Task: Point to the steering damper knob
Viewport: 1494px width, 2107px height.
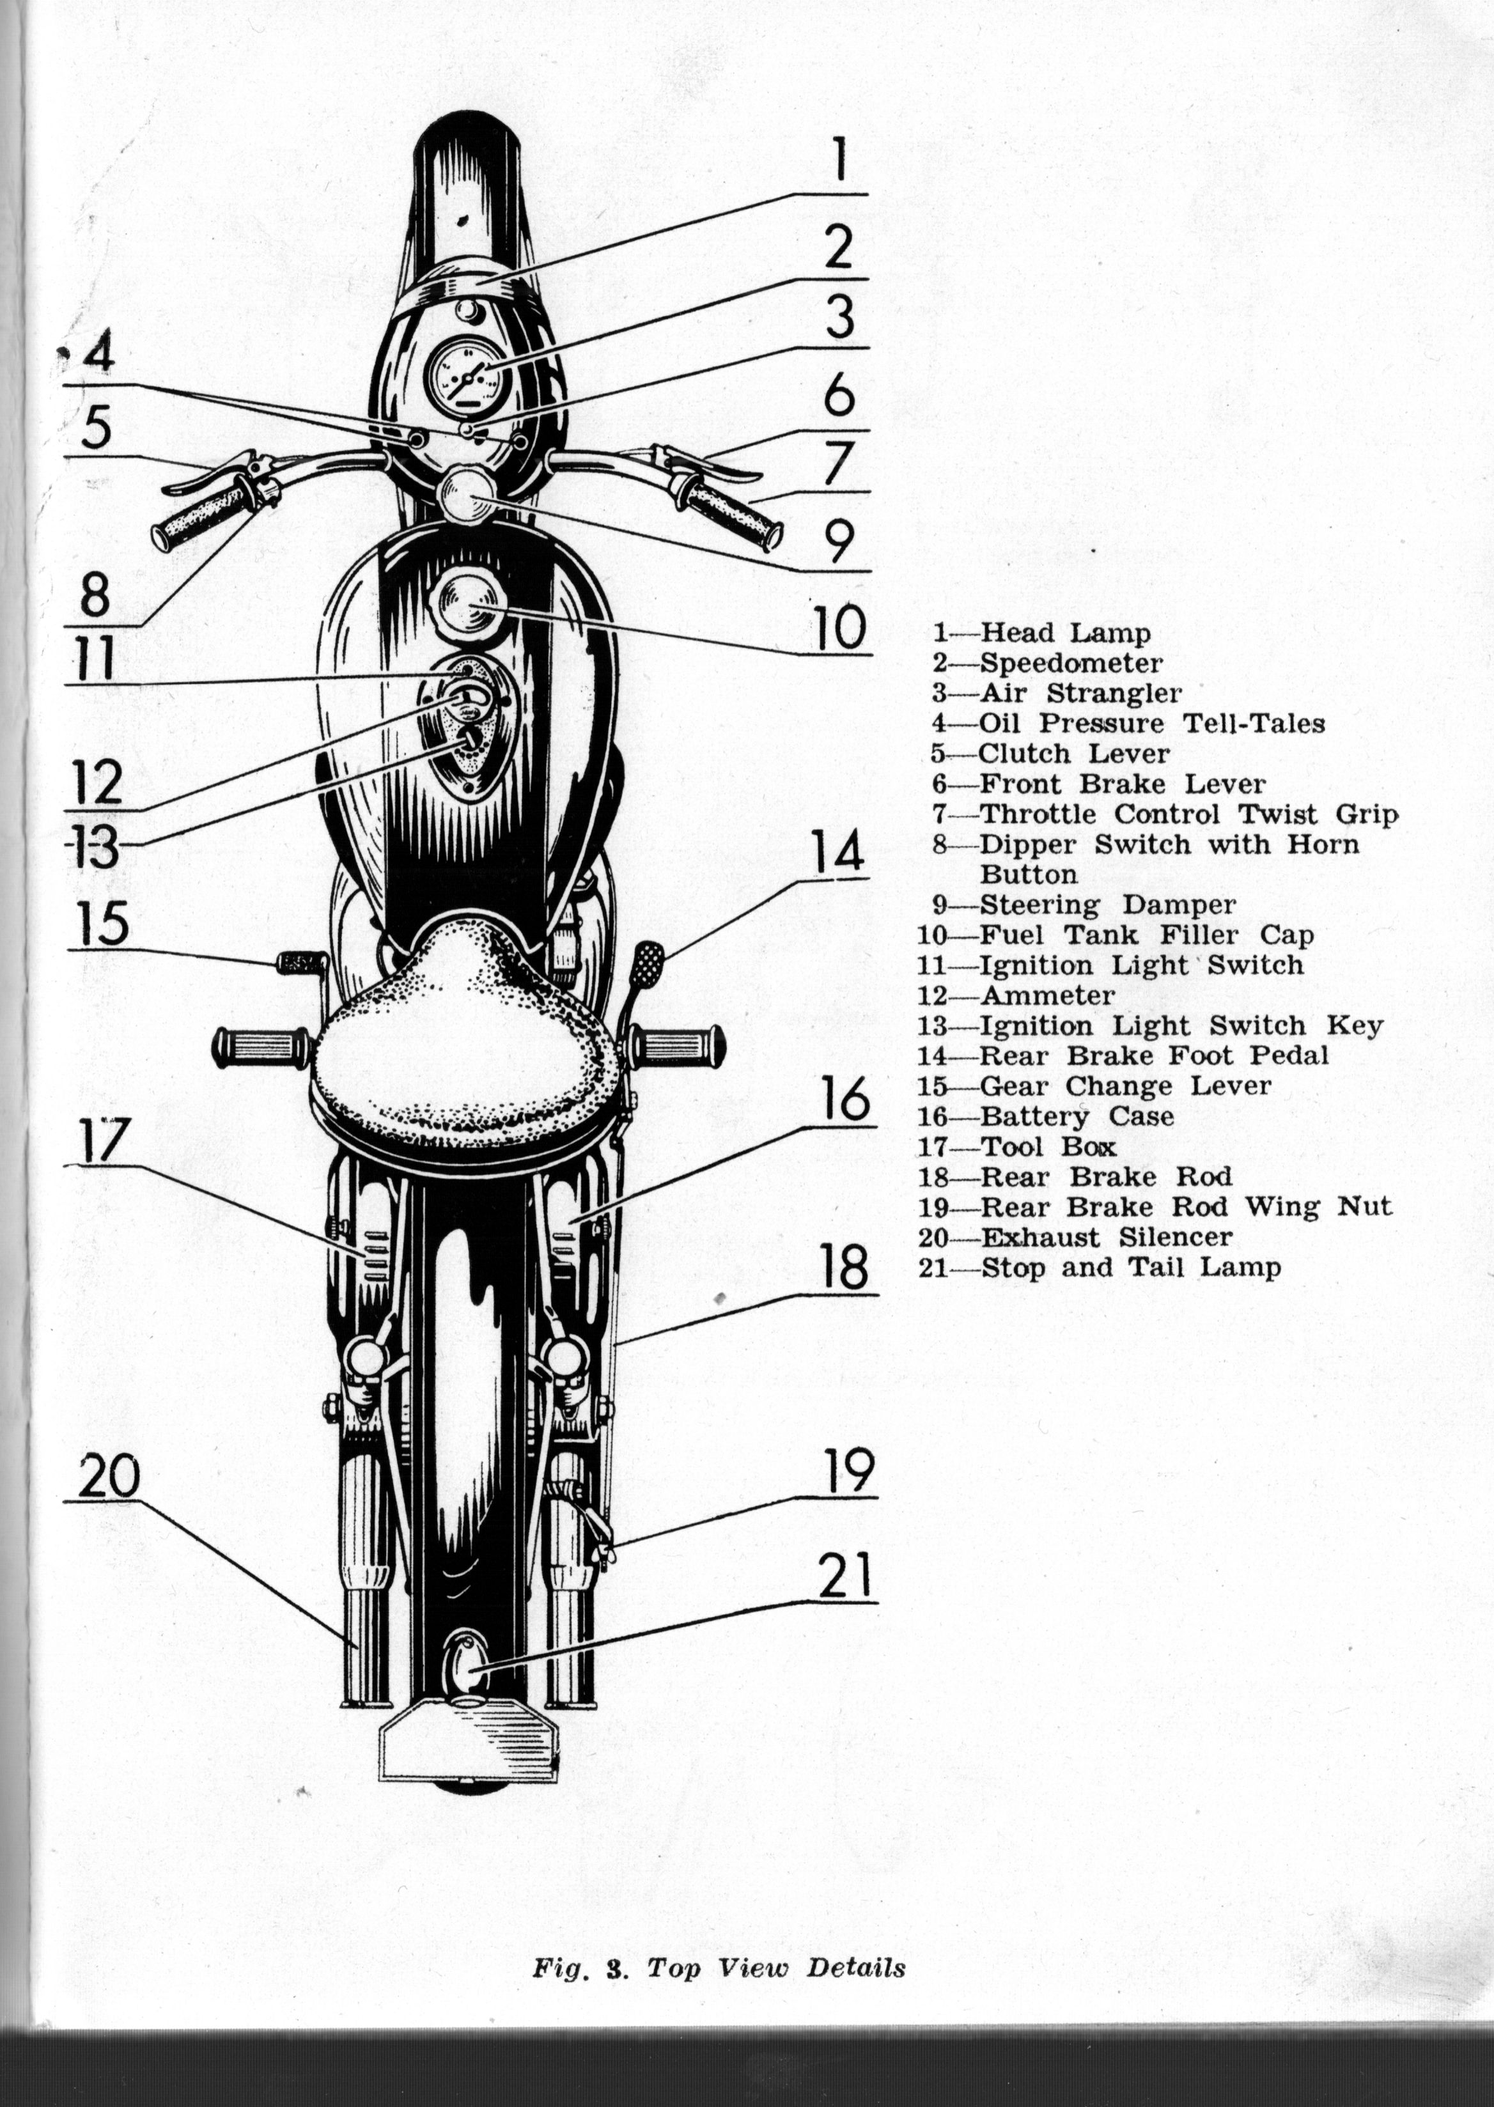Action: tap(467, 495)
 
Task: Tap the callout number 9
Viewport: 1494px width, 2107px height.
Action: tap(838, 541)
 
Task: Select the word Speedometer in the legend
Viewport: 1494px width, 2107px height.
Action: tap(1071, 663)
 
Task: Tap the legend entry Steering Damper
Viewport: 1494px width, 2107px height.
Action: tap(1085, 905)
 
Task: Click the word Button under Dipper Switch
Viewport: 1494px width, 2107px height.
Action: tap(1029, 874)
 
